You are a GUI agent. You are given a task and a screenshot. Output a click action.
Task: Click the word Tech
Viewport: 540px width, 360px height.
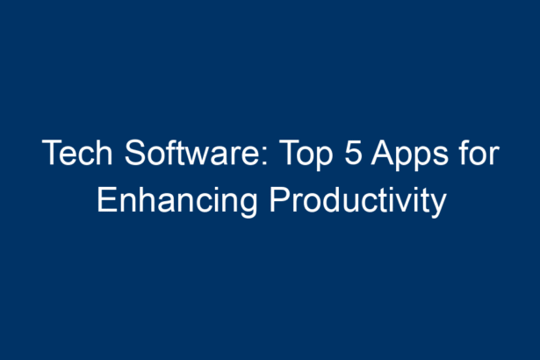(77, 152)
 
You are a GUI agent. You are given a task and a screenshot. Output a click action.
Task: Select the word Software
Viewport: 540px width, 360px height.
(197, 152)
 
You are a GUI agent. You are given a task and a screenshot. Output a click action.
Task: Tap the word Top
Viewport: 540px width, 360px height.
(306, 155)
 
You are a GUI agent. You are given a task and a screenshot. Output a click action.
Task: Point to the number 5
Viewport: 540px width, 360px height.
(354, 152)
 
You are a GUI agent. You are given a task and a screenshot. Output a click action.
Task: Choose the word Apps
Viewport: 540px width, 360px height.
(410, 155)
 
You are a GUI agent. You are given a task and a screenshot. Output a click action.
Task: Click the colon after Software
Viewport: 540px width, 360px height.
(265, 156)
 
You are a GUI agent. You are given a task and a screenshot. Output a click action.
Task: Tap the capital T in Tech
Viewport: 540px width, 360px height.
(53, 152)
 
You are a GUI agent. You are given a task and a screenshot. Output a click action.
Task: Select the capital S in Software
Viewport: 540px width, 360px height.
(136, 152)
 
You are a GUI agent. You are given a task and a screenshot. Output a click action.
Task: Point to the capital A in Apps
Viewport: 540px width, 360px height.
(384, 152)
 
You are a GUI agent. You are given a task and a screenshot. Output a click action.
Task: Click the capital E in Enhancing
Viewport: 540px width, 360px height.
(107, 199)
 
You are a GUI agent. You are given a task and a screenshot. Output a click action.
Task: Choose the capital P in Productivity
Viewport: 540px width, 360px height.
(280, 199)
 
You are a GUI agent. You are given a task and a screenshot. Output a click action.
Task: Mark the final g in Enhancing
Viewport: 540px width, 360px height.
(247, 205)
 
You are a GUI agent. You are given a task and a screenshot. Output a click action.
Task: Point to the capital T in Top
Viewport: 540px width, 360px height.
(290, 152)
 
